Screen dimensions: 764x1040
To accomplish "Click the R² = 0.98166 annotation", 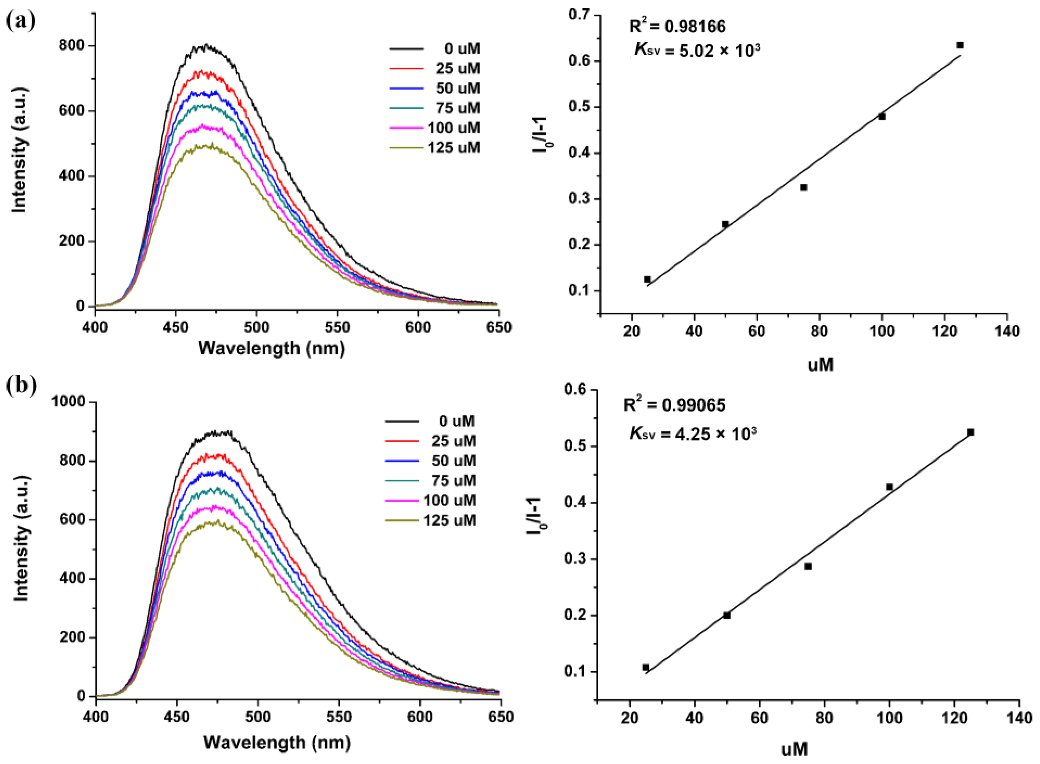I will pyautogui.click(x=677, y=27).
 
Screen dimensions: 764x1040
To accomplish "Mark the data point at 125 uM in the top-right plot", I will pyautogui.click(x=960, y=45).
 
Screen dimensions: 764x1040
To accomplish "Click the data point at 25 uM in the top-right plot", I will pyautogui.click(x=647, y=279).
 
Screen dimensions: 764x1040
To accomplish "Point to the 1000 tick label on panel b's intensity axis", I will pyautogui.click(x=68, y=402).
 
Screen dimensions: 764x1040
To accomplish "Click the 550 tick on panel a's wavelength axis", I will pyautogui.click(x=337, y=327).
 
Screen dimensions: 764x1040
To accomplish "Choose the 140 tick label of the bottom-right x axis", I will pyautogui.click(x=1019, y=718).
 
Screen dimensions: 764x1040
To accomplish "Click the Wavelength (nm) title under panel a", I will pyautogui.click(x=272, y=348).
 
